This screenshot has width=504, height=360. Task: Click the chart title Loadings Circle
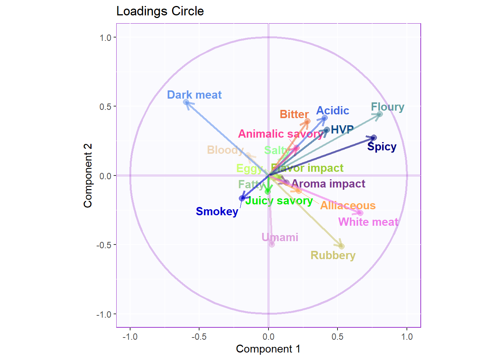click(x=160, y=11)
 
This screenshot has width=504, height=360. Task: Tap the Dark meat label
click(x=194, y=95)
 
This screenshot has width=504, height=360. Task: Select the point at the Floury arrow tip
click(x=379, y=114)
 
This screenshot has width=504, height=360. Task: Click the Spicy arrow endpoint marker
click(x=373, y=138)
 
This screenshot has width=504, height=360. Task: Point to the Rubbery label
click(x=333, y=255)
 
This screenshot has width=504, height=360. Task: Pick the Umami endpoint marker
click(x=272, y=244)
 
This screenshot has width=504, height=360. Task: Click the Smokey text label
click(x=217, y=211)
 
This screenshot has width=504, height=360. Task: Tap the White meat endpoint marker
click(x=360, y=213)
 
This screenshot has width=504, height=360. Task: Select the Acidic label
click(x=333, y=111)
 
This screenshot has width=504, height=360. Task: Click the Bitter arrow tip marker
click(x=307, y=121)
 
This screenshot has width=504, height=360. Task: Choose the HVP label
click(x=342, y=129)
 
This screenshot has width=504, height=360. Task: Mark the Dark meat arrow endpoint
click(x=186, y=102)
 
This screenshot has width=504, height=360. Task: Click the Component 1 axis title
click(x=268, y=349)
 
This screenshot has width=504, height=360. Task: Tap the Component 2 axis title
click(x=88, y=175)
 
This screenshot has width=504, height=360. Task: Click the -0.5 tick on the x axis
click(x=199, y=337)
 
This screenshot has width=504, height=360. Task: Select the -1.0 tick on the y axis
click(x=104, y=314)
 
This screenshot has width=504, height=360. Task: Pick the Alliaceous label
click(x=348, y=205)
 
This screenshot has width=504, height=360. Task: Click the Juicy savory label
click(x=279, y=201)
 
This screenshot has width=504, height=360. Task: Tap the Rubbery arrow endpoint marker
click(x=342, y=246)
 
